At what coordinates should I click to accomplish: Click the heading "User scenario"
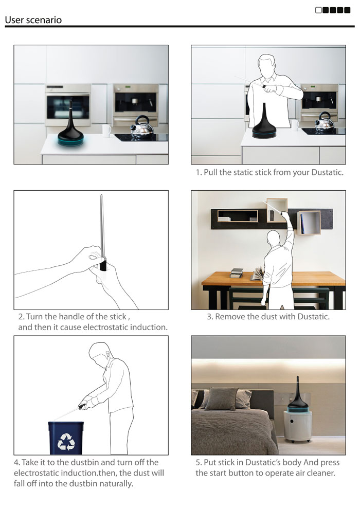click(x=33, y=20)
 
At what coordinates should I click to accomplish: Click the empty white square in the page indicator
click(x=318, y=10)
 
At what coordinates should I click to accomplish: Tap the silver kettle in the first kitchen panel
click(x=142, y=127)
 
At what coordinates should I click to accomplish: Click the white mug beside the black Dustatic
click(x=106, y=131)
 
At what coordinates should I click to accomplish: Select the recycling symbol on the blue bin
click(x=66, y=442)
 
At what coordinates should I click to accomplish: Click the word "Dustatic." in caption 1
click(x=327, y=172)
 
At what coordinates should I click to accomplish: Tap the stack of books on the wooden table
click(x=237, y=273)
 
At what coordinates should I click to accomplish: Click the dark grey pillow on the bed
click(x=221, y=399)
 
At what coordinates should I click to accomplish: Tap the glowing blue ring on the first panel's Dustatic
click(x=71, y=142)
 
